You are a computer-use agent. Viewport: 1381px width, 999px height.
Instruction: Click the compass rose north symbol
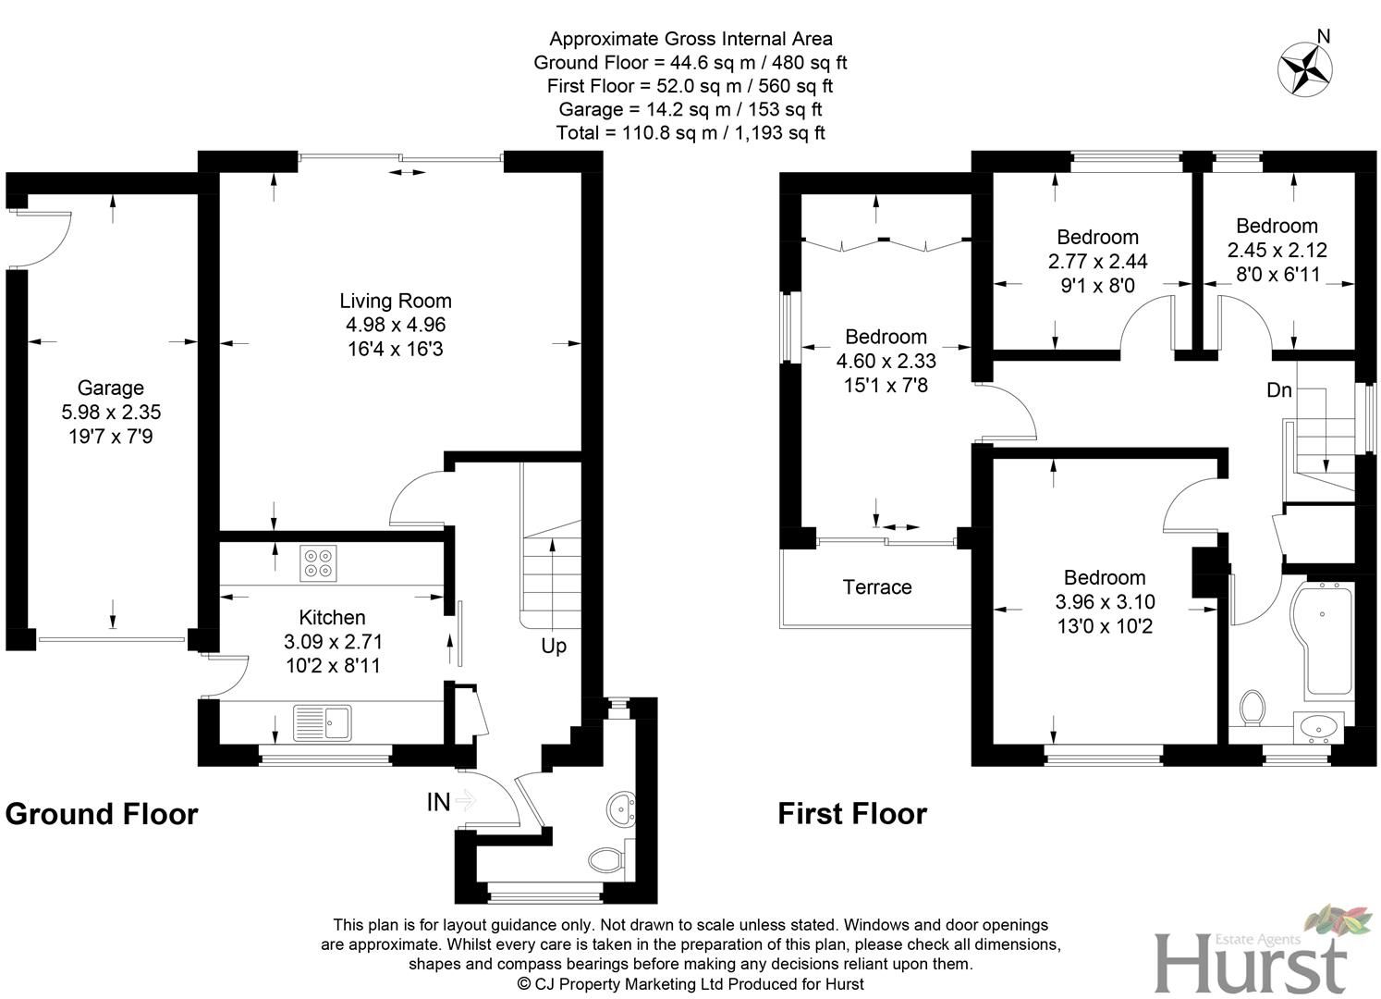point(1303,68)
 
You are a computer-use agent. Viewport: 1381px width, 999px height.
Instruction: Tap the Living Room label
point(396,301)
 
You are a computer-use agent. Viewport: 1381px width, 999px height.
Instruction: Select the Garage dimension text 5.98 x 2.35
point(110,412)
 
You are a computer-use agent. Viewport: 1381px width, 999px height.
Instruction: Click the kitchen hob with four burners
point(318,563)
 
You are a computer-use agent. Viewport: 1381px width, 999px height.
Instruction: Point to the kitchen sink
point(321,722)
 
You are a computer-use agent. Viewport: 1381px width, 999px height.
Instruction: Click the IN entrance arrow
point(463,801)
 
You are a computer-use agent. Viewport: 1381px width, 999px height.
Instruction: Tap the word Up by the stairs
point(554,646)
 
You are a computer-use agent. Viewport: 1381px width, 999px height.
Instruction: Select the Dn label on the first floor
point(1278,390)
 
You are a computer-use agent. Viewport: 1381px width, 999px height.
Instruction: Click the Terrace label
point(876,587)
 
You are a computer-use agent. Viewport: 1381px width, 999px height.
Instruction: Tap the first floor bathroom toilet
point(1253,708)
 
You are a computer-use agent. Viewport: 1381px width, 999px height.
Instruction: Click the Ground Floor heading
point(102,814)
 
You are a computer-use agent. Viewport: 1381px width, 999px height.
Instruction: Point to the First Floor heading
point(851,814)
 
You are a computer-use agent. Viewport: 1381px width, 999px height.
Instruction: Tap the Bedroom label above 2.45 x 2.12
point(1277,226)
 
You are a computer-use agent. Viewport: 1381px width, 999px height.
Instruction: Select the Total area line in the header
point(690,133)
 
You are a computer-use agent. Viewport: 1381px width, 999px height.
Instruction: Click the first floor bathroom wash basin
point(1316,727)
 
